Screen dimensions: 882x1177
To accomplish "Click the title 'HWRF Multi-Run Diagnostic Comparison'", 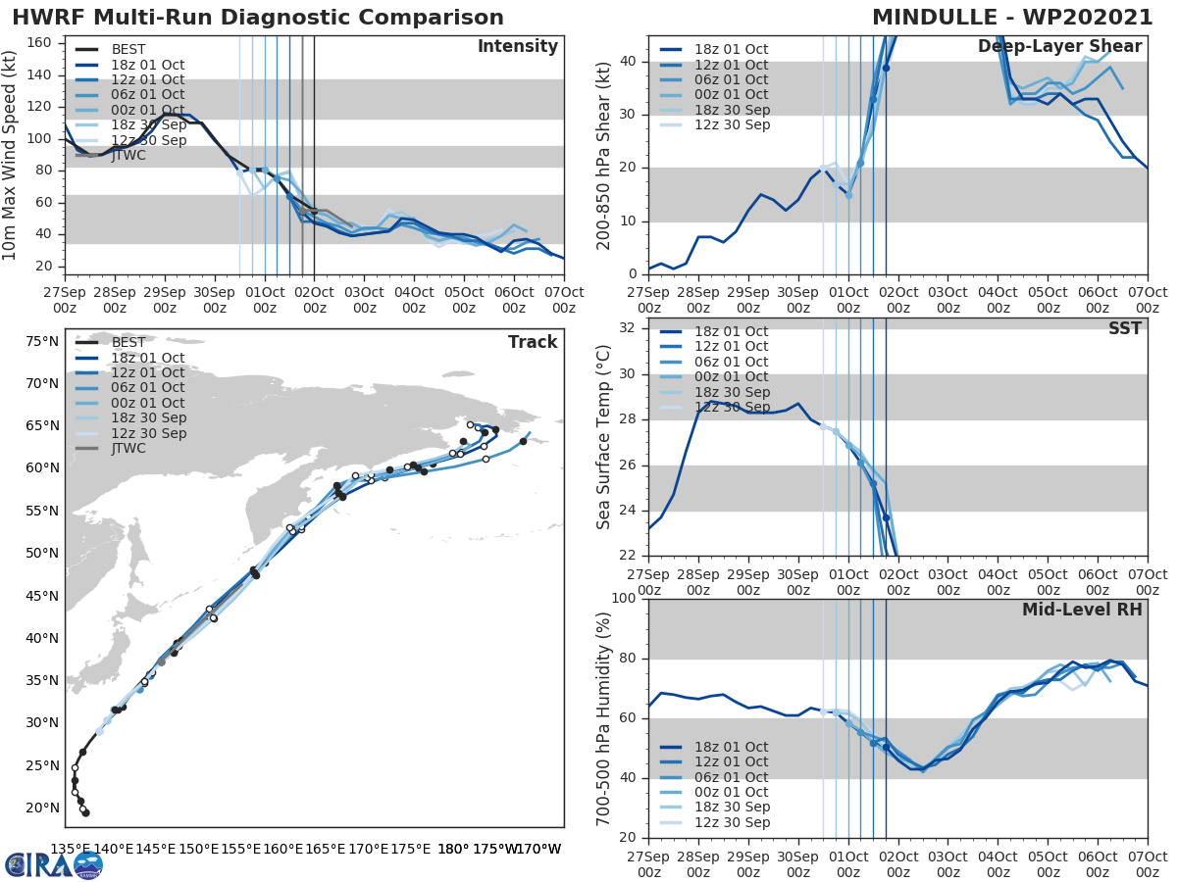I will pos(258,18).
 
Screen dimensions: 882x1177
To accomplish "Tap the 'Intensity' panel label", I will pos(517,47).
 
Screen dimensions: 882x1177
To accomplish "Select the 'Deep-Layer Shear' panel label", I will pos(1059,47).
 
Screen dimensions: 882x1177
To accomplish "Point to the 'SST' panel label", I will pos(1124,328).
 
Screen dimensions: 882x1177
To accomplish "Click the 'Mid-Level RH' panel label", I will pos(1082,610).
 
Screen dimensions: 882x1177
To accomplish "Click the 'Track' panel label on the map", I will pos(533,342).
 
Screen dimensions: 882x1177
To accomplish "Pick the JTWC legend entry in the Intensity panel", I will pos(128,155).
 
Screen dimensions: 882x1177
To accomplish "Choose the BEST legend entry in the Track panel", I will pos(128,343).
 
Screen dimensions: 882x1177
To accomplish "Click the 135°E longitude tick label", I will pos(71,849).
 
